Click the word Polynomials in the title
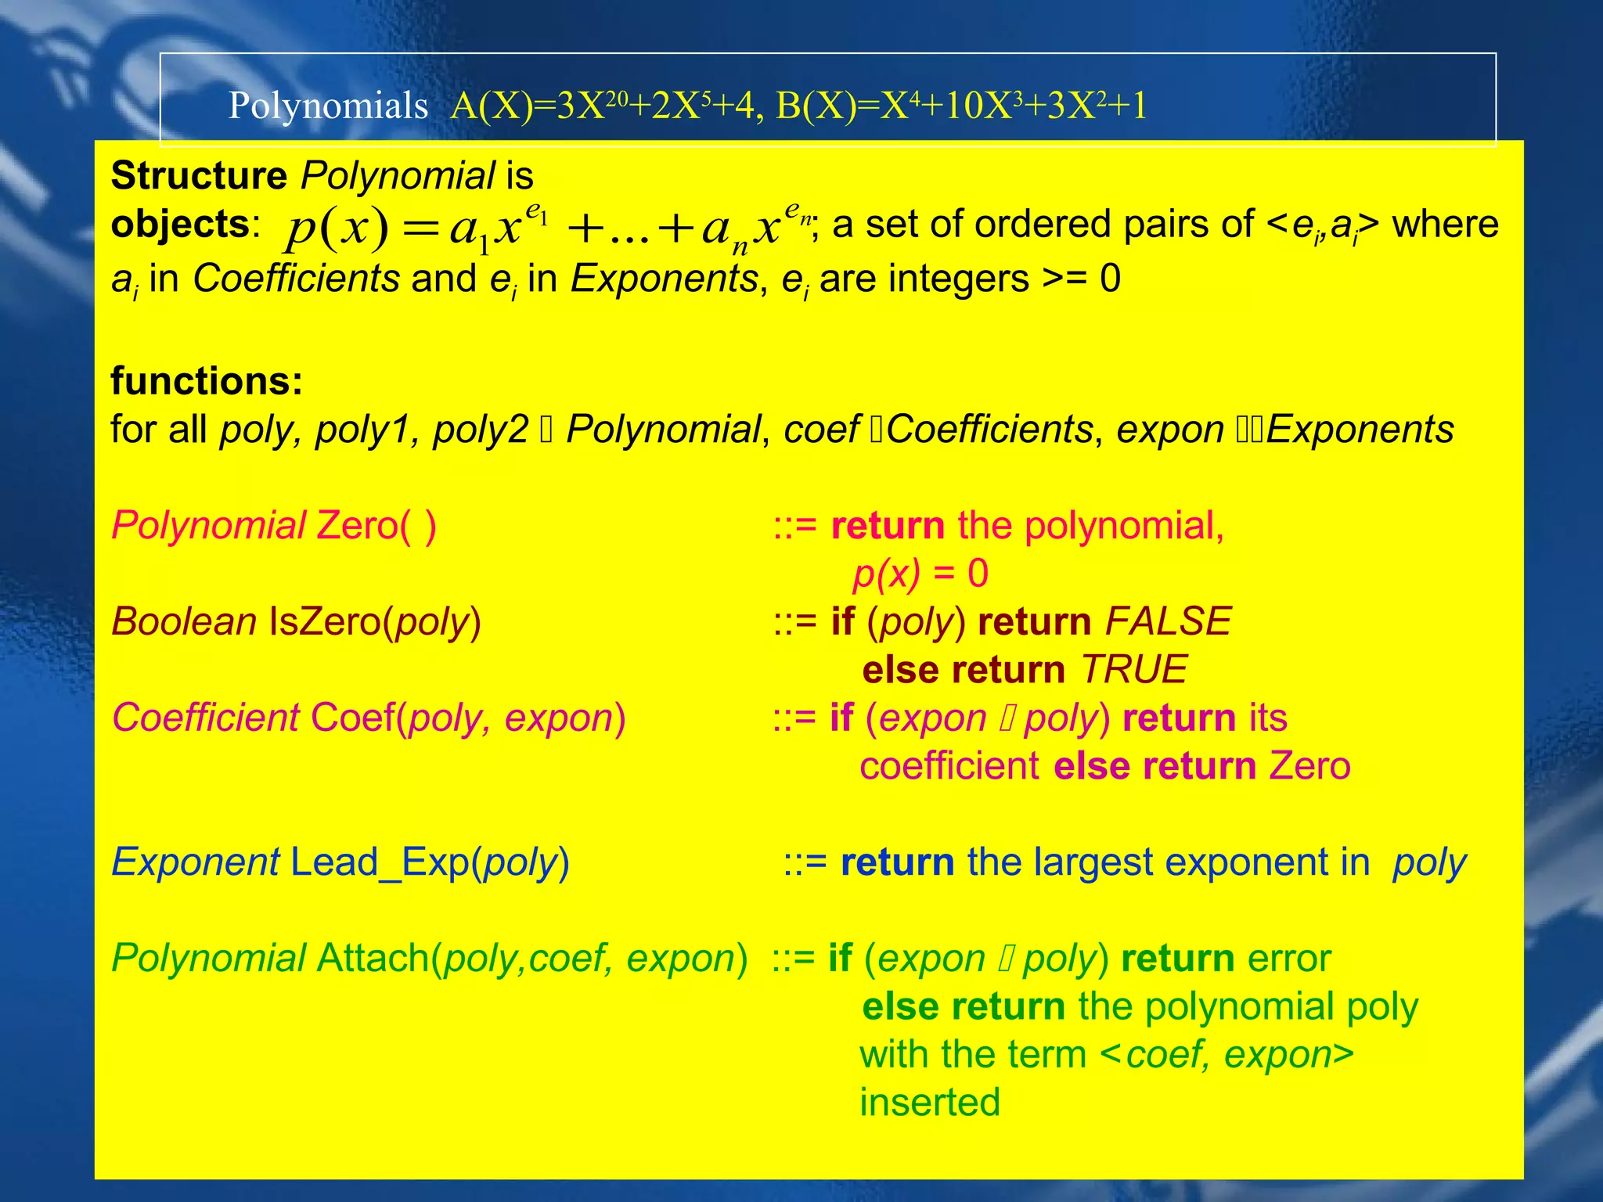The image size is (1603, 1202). point(328,106)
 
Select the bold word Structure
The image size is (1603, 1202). point(199,175)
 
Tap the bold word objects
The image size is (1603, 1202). point(180,225)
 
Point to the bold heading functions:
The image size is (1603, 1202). point(207,381)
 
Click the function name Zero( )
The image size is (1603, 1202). point(376,525)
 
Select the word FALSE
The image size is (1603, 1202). point(1169,622)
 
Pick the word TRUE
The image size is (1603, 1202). point(1134,670)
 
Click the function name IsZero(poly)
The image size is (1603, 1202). point(375,622)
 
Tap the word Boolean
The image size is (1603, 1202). point(184,622)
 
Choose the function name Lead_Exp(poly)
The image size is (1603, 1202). point(430,862)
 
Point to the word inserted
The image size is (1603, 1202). point(930,1103)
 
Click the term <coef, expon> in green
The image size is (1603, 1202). point(1227,1055)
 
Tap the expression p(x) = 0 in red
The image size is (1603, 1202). point(920,574)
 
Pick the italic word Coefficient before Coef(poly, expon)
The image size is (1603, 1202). point(205,718)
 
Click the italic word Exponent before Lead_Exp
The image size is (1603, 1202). point(196,862)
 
